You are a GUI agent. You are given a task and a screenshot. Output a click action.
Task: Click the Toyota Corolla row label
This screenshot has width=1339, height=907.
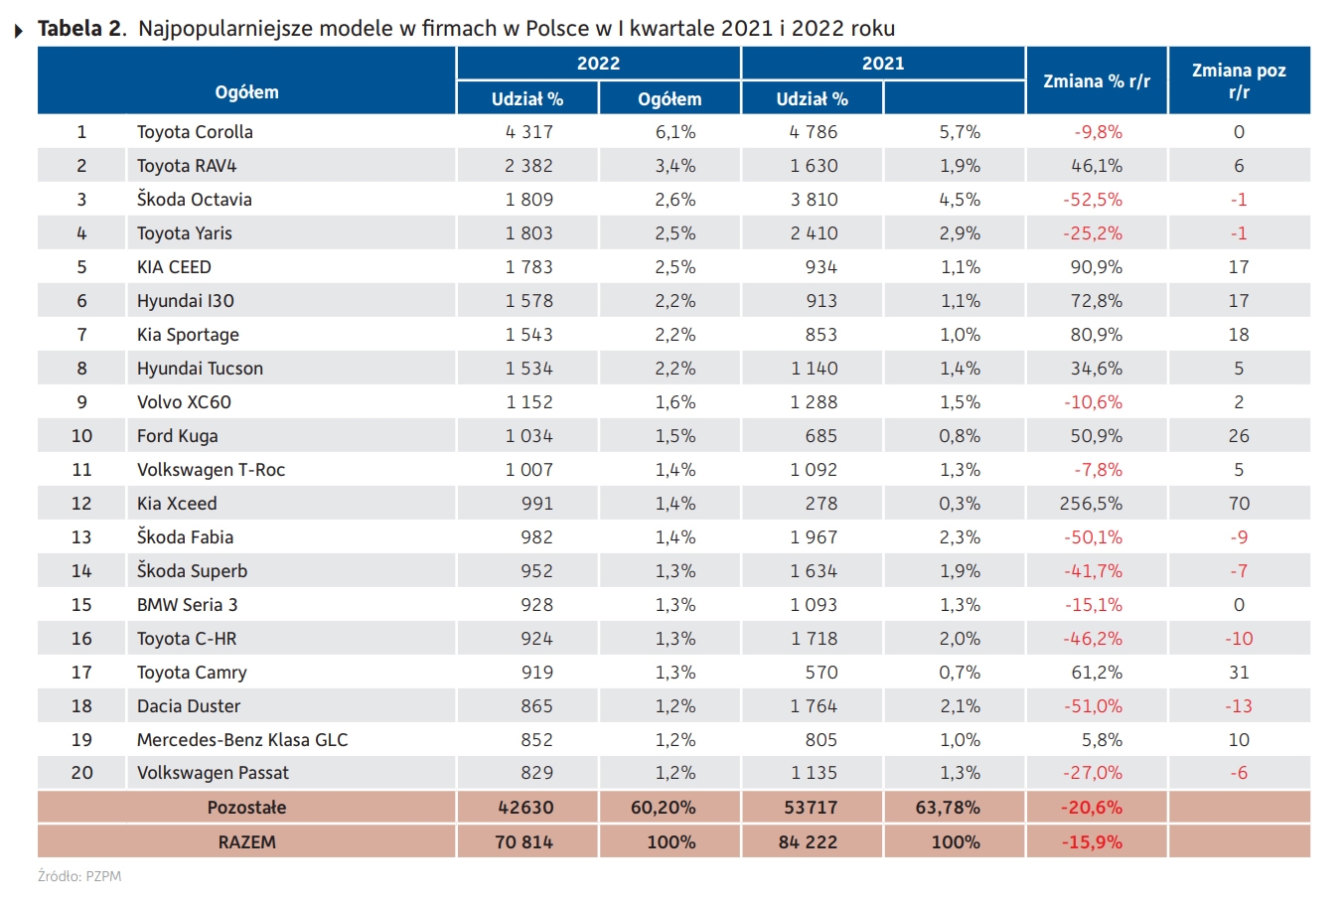click(195, 131)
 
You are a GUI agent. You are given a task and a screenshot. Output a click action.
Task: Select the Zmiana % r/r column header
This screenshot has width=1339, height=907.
click(1097, 80)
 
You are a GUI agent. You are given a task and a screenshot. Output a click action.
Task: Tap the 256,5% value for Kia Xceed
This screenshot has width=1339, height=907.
click(1091, 504)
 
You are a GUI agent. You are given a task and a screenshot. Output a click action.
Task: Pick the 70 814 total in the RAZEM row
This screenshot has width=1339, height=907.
click(523, 841)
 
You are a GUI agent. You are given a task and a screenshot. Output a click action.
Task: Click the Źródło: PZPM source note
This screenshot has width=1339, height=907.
click(79, 876)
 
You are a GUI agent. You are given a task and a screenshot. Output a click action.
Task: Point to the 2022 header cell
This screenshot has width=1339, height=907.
click(598, 63)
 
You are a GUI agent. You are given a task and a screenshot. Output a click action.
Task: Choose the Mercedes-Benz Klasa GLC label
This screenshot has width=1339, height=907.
click(242, 739)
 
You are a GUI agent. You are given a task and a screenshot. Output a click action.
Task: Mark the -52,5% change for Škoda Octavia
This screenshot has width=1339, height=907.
click(1092, 199)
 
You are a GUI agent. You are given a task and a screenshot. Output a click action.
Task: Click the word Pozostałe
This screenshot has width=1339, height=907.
click(247, 807)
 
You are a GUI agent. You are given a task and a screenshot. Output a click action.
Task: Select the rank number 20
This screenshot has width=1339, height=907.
click(81, 773)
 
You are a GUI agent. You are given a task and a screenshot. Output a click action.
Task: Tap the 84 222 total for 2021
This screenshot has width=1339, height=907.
click(808, 841)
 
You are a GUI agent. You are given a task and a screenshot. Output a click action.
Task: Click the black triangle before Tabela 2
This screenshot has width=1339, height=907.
click(19, 30)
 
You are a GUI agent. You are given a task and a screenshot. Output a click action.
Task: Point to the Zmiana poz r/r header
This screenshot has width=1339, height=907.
click(1239, 80)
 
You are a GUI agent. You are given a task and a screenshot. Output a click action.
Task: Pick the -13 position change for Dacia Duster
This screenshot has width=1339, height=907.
click(1239, 706)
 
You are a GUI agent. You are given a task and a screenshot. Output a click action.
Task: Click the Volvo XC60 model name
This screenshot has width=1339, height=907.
click(184, 401)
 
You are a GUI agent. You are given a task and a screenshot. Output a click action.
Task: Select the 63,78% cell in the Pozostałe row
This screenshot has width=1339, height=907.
click(948, 807)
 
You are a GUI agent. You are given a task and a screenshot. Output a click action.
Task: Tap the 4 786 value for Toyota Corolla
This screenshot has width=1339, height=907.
click(813, 131)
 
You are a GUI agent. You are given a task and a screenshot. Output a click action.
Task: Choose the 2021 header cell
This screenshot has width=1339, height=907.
click(883, 63)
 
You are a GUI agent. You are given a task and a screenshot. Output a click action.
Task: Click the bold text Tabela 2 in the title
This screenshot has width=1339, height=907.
click(80, 28)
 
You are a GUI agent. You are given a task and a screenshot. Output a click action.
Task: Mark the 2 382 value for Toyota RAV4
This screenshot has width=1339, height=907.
click(528, 166)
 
